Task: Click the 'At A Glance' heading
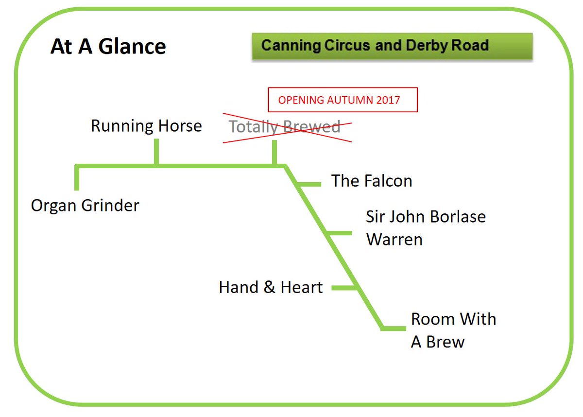[108, 47]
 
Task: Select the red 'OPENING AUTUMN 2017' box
[343, 100]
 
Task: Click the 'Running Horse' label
[146, 126]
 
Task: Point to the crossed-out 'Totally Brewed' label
[285, 127]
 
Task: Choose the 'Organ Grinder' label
[85, 205]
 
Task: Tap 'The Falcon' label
[372, 181]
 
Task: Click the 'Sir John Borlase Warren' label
[426, 227]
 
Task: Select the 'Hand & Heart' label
[271, 287]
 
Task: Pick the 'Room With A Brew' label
[453, 330]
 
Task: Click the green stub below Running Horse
[156, 152]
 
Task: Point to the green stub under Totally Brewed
[274, 153]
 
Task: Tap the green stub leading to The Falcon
[309, 184]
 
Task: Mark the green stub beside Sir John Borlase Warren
[340, 233]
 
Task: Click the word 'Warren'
[394, 239]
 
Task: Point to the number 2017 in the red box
[387, 100]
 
